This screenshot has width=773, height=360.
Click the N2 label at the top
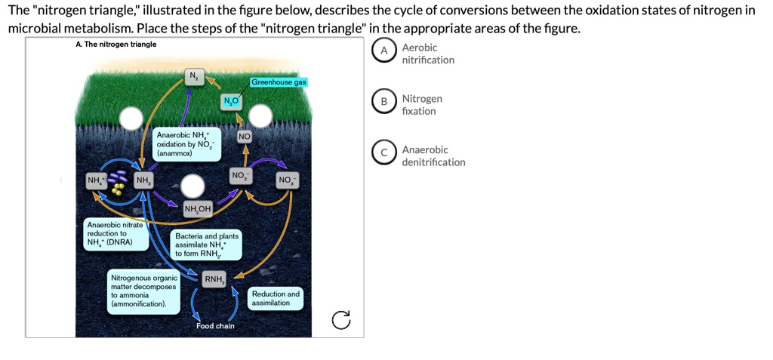[193, 76]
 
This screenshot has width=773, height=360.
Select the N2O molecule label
[231, 102]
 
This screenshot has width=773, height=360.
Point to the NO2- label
[239, 177]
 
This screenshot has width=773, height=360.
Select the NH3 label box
[142, 180]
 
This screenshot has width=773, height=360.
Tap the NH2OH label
[197, 209]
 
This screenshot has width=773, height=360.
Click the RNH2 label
[214, 279]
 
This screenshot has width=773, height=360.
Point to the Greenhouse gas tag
[279, 82]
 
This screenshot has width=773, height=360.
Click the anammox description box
[186, 143]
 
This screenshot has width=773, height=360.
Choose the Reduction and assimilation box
[276, 298]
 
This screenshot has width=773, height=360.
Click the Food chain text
[215, 326]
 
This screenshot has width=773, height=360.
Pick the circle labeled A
[384, 51]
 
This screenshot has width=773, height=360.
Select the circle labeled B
[384, 102]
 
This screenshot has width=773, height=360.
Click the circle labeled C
[384, 153]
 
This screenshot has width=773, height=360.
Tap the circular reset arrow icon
[341, 321]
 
